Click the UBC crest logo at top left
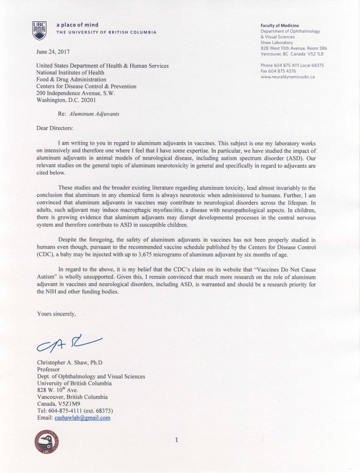coord(40,30)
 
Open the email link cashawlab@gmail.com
coord(82,418)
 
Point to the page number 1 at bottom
coord(176,440)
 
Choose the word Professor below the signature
coord(50,370)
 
